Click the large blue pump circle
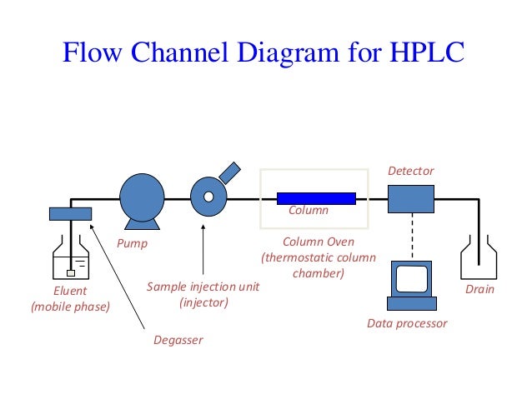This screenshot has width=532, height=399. coord(143,197)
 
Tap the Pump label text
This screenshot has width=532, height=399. coord(132,244)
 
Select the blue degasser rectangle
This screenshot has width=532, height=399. coord(70,214)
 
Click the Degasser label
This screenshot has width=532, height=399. coord(178,339)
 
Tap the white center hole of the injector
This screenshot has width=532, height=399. coord(208,197)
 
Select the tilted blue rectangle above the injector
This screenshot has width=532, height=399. coord(229,172)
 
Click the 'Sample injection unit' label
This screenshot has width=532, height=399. coord(203,286)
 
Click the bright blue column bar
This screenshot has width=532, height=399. coord(316,197)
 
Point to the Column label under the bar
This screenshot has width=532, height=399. coord(309,211)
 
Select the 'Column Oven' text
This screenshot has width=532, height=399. coord(318,242)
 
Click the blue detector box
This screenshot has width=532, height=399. coord(411,198)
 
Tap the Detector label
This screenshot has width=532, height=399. coord(410,171)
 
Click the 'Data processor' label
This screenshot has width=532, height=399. coord(407,323)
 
